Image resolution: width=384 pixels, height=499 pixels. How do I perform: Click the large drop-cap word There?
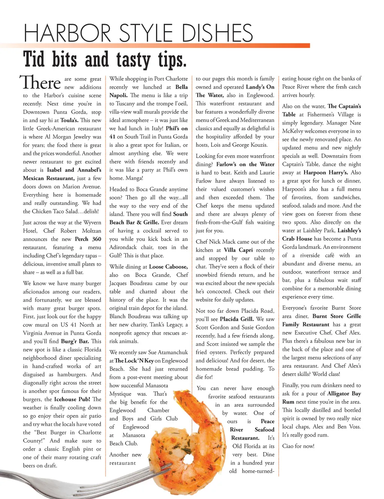(x=40, y=82)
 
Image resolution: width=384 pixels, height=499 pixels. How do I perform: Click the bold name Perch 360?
(x=88, y=239)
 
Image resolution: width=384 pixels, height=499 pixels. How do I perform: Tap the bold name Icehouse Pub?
(x=72, y=399)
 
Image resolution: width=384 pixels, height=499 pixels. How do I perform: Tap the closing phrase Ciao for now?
(x=298, y=446)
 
